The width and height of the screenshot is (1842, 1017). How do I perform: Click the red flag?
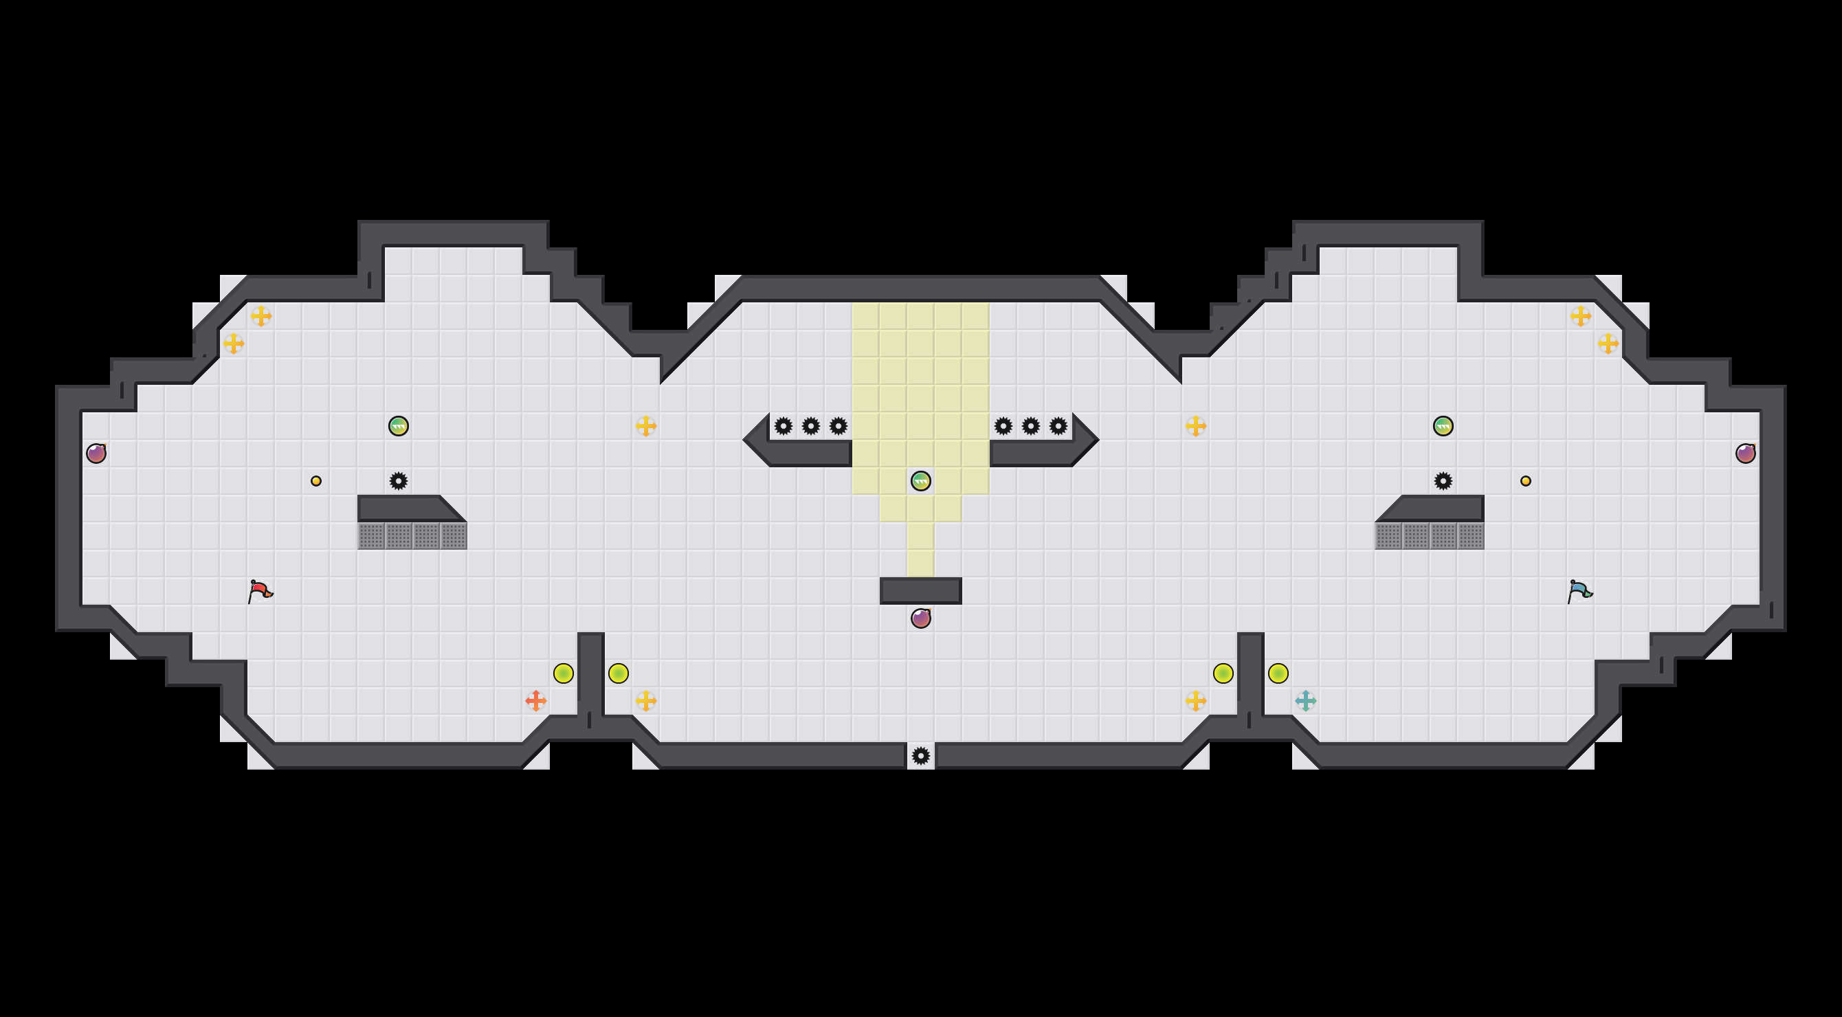pyautogui.click(x=260, y=591)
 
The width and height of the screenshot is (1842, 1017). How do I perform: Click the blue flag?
pyautogui.click(x=1579, y=591)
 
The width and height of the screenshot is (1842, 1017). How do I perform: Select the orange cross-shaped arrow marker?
pyautogui.click(x=535, y=700)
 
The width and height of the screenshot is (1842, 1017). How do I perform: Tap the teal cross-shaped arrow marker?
pyautogui.click(x=1305, y=700)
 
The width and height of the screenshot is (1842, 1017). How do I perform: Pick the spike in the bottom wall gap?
pyautogui.click(x=921, y=755)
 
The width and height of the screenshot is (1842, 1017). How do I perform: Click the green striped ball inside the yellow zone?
pyautogui.click(x=921, y=481)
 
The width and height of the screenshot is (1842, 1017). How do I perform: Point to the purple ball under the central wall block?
pyautogui.click(x=921, y=618)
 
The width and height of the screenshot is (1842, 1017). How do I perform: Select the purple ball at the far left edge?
pyautogui.click(x=96, y=453)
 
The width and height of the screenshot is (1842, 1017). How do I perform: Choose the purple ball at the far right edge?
pyautogui.click(x=1746, y=453)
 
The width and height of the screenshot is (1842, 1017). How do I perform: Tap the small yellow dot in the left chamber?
pyautogui.click(x=316, y=481)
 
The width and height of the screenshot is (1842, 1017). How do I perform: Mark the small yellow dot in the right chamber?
pyautogui.click(x=1525, y=481)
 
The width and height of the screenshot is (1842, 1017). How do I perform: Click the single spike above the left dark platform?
pyautogui.click(x=398, y=481)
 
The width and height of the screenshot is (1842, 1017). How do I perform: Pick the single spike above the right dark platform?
pyautogui.click(x=1443, y=481)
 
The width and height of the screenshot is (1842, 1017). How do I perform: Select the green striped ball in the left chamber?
pyautogui.click(x=398, y=426)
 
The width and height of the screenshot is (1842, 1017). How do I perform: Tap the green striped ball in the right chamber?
pyautogui.click(x=1443, y=426)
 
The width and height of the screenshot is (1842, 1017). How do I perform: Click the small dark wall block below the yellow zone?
pyautogui.click(x=921, y=591)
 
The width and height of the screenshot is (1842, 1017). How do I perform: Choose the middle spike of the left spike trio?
pyautogui.click(x=811, y=426)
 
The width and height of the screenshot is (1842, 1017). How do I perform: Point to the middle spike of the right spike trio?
pyautogui.click(x=1030, y=426)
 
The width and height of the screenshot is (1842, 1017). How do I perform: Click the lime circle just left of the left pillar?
pyautogui.click(x=564, y=673)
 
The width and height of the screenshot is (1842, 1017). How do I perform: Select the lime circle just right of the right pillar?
pyautogui.click(x=1278, y=673)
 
